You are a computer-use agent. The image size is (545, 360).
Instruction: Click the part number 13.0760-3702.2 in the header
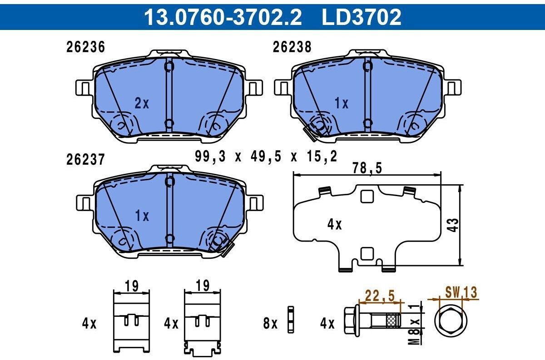(x=223, y=17)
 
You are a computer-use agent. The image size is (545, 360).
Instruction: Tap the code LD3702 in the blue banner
(x=362, y=17)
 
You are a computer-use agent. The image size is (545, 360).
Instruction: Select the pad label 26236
(x=86, y=47)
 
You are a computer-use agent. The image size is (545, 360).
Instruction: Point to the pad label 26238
(x=292, y=47)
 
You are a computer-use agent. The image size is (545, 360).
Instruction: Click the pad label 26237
(x=86, y=159)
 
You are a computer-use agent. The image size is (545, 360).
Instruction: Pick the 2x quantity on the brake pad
(x=142, y=104)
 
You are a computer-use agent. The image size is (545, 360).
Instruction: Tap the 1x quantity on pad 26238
(x=342, y=104)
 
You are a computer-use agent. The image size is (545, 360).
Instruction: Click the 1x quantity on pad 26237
(x=142, y=216)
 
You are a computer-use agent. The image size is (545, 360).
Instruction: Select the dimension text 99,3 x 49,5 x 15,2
(x=266, y=157)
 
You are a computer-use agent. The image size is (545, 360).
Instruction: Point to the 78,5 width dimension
(x=367, y=168)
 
